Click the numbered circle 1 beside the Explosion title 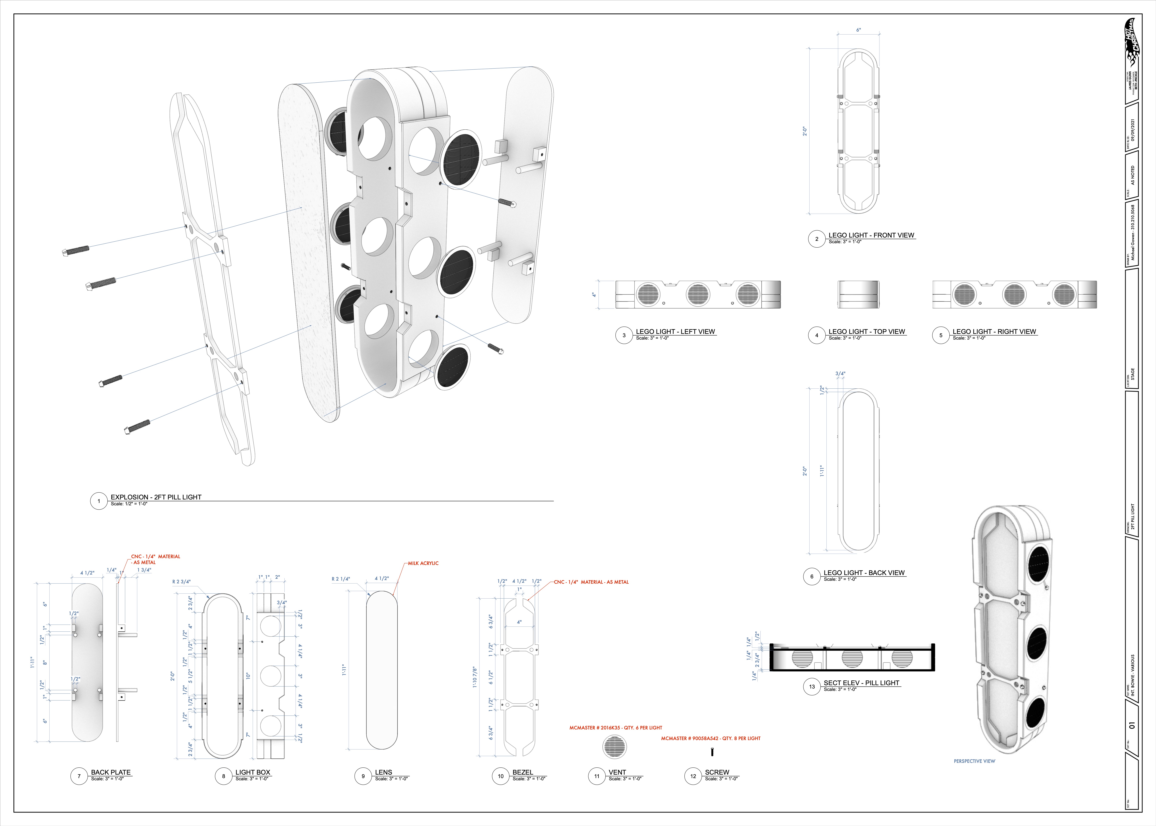tap(99, 501)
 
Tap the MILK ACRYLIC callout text tap(423, 563)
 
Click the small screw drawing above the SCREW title tap(712, 752)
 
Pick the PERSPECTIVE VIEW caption tap(974, 761)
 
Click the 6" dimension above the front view tap(859, 30)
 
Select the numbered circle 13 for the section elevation tap(812, 687)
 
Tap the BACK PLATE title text tap(111, 772)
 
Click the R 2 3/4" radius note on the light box tap(181, 581)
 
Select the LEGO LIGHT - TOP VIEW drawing tap(858, 294)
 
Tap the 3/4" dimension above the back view tap(840, 374)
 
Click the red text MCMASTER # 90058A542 tap(711, 738)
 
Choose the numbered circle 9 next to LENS tap(363, 776)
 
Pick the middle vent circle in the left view tap(698, 294)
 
